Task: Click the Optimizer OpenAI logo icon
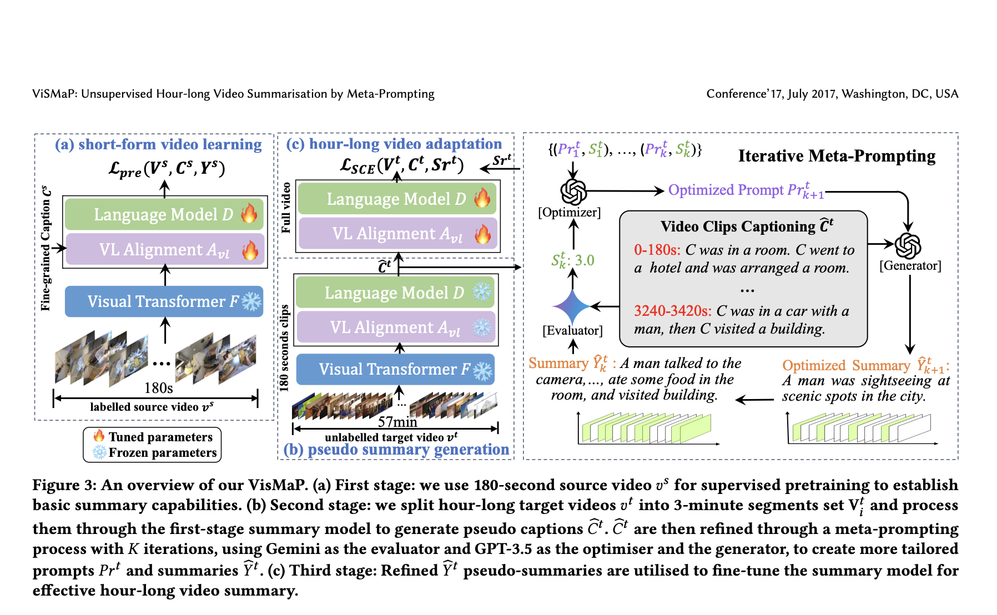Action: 573,192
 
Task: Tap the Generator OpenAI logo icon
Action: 908,246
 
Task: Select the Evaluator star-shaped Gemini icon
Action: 572,306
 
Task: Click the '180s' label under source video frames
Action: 158,387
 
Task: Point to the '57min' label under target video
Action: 397,422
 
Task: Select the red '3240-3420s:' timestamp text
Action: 672,311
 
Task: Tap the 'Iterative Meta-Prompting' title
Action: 836,156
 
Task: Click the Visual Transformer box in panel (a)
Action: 164,301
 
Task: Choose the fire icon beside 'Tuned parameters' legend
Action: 99,436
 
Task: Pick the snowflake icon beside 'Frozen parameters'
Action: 99,452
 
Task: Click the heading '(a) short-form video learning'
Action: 158,144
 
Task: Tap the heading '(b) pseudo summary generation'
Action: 396,450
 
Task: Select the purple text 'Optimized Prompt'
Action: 726,190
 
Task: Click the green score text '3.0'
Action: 585,260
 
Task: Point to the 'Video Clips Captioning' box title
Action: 738,226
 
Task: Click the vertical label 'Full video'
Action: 286,208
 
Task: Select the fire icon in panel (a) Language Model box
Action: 249,213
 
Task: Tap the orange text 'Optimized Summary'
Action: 846,366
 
